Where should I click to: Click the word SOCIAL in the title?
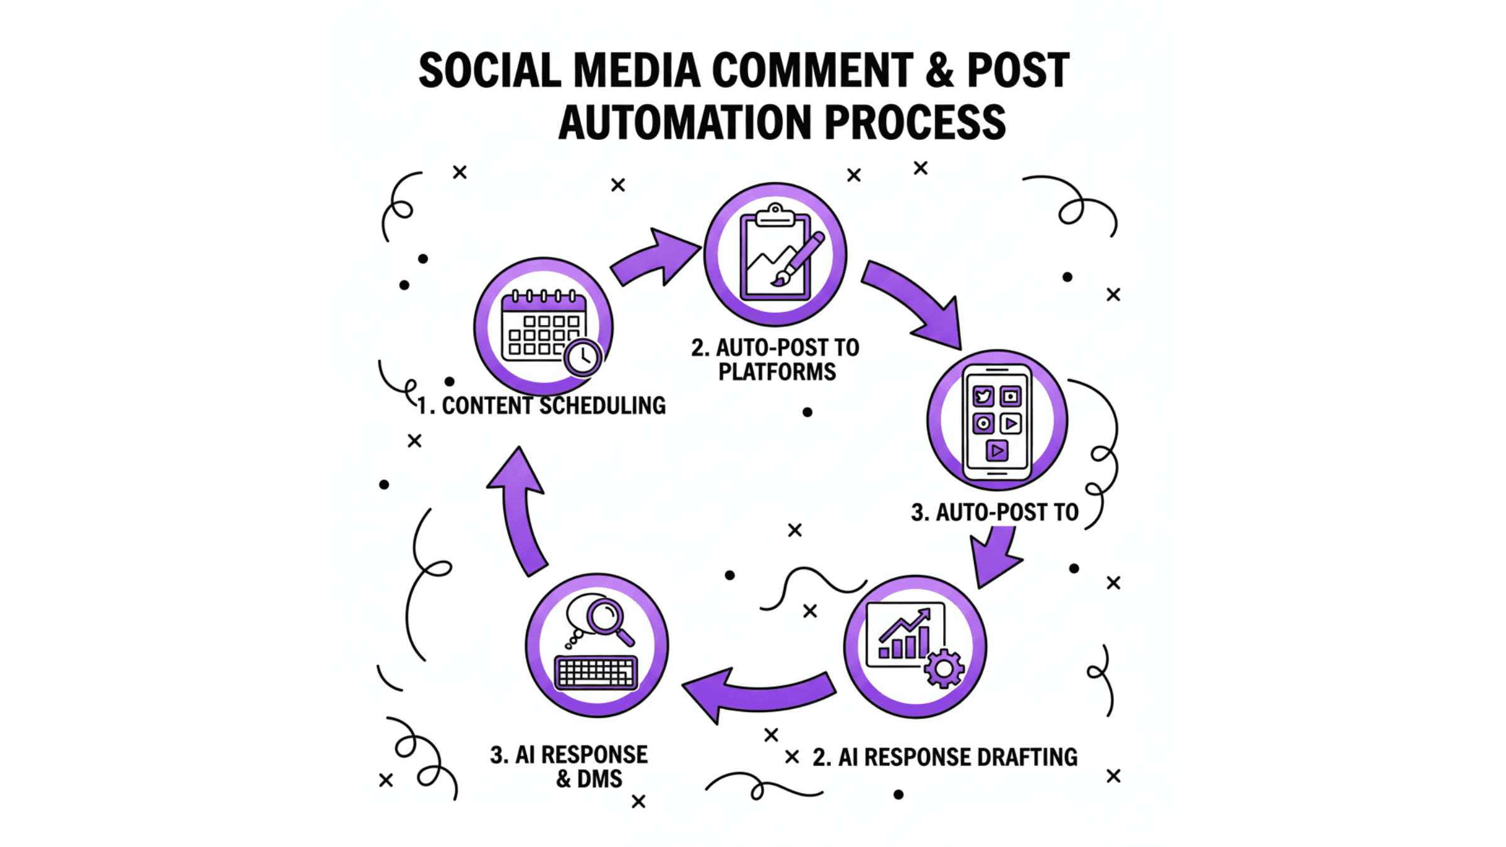489,70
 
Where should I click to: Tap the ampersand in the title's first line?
939,70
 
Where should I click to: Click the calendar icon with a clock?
543,327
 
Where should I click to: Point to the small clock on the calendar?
583,358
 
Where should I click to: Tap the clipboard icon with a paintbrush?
775,255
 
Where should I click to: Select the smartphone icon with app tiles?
996,420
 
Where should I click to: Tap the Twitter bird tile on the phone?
983,397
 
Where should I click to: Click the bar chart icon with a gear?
915,646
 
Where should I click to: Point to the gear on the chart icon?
943,669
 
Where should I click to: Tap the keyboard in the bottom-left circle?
596,673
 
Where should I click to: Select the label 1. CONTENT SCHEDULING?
541,406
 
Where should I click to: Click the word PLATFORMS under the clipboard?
777,372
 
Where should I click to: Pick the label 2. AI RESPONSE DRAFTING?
945,757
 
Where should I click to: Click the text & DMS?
589,779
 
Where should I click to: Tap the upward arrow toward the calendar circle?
521,508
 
